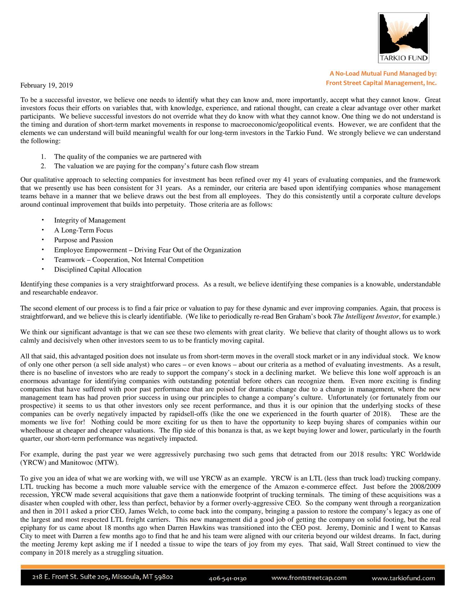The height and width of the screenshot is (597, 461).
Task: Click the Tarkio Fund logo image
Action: (403, 38)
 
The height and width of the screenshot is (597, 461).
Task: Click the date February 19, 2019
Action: (46, 85)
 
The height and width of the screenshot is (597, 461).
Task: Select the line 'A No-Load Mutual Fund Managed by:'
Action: (383, 74)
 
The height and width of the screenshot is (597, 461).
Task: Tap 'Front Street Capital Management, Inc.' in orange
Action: (381, 83)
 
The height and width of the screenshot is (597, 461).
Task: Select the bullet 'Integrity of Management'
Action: (90, 220)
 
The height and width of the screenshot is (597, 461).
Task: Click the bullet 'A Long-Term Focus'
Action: (83, 230)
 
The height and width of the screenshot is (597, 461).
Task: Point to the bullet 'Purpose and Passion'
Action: (83, 240)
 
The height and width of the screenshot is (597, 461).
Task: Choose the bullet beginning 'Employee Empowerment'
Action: (147, 250)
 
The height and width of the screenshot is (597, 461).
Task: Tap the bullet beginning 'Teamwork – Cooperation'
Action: (129, 260)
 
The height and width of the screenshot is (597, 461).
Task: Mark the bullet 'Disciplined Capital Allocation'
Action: (98, 270)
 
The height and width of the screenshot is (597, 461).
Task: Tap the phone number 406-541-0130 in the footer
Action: (228, 579)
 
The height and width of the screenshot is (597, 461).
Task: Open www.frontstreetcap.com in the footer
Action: (309, 578)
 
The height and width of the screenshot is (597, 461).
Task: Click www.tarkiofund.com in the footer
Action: (403, 578)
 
